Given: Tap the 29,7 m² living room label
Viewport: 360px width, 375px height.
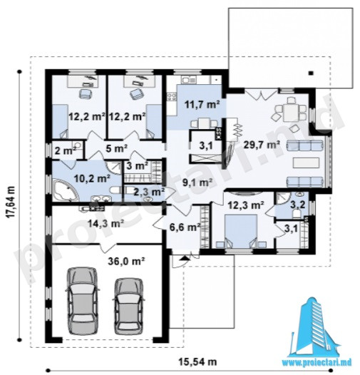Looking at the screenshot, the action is [262, 145].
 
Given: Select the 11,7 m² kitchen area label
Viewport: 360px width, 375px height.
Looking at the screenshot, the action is [202, 105].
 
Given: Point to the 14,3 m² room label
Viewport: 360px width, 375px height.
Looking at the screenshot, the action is [106, 224].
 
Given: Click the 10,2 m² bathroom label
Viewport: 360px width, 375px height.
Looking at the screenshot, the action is [92, 178].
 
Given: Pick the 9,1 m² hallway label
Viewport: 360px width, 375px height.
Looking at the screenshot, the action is [197, 183].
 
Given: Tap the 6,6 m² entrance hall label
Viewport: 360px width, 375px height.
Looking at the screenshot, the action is [185, 227].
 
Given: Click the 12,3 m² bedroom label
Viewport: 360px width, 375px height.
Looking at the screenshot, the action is [246, 205].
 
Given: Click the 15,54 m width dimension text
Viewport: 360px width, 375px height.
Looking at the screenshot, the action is [197, 362].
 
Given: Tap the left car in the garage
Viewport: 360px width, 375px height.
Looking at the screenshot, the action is [83, 300].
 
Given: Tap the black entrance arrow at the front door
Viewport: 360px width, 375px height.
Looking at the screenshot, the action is [184, 258].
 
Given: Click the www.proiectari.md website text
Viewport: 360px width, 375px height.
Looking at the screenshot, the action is [317, 363].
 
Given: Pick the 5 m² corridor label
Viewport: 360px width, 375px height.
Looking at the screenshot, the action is [116, 148].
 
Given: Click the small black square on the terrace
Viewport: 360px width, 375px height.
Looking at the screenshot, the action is [311, 73].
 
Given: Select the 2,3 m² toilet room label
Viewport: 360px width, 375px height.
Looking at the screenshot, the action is [145, 191].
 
